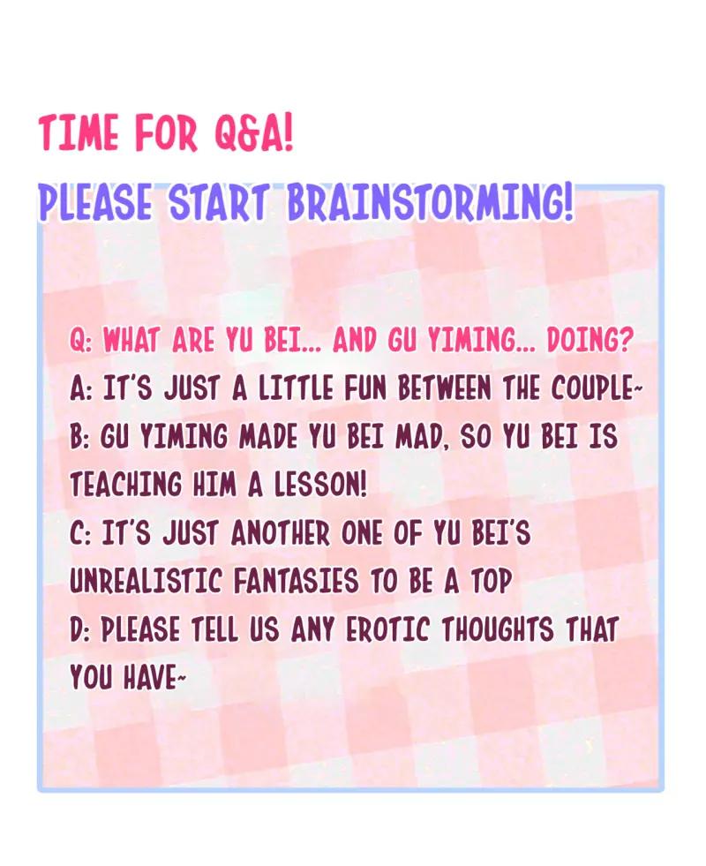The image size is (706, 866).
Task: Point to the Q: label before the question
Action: click(x=80, y=341)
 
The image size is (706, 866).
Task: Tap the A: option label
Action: click(x=80, y=389)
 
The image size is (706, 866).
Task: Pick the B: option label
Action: click(x=80, y=438)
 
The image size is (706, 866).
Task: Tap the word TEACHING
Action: click(x=126, y=486)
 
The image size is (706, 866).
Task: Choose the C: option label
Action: click(x=80, y=533)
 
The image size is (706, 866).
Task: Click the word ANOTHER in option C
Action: click(x=281, y=533)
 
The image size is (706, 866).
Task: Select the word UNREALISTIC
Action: click(x=146, y=582)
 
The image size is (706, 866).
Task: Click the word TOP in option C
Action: click(x=490, y=582)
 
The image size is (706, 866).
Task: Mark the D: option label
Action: click(x=80, y=629)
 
